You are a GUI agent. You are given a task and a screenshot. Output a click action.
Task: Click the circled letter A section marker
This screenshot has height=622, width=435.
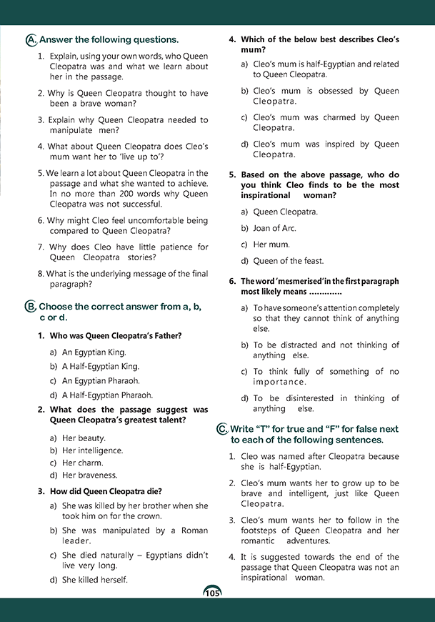(30, 40)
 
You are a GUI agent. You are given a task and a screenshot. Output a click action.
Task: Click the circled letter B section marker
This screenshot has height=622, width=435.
(30, 307)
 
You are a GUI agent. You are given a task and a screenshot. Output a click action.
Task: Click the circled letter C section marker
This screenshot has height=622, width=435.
(221, 429)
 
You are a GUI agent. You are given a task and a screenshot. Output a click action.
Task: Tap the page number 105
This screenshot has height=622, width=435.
(212, 593)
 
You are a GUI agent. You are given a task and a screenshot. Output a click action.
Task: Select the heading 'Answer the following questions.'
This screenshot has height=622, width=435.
(109, 40)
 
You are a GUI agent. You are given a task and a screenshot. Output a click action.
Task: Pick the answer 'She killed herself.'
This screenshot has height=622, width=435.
(95, 580)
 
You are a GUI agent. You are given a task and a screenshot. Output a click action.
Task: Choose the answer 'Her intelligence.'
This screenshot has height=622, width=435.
(92, 450)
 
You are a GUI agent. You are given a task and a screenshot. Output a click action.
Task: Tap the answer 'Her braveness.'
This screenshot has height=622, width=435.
(89, 475)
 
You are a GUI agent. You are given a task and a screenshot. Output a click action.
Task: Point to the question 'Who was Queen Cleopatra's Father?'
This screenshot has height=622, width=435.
(115, 335)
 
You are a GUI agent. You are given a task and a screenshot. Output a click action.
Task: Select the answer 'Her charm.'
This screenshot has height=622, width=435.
(82, 463)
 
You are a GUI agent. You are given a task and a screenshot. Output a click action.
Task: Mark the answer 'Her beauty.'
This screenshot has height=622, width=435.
(84, 438)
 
